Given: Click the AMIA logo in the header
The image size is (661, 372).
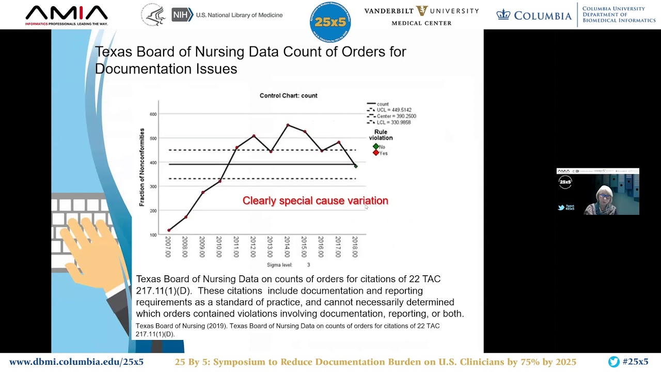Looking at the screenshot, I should pos(66,15).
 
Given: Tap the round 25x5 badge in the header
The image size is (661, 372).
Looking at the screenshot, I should pos(330,22).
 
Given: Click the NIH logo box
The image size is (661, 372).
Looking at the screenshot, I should pos(182,15).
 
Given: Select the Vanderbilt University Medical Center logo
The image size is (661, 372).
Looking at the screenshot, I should pos(421,16).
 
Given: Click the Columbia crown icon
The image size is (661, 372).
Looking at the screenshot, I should pos(503,15).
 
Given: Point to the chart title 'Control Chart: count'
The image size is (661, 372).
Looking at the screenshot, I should pos(288,96).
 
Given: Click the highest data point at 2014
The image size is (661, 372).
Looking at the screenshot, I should pos(288,125).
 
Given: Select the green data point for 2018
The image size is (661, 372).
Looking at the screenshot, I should pos(355,166).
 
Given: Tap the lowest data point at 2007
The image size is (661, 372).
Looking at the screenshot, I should pos(169,230).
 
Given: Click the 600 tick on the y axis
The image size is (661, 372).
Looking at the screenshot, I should pos(153,114).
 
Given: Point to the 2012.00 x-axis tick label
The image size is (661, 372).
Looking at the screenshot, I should pos(254,247).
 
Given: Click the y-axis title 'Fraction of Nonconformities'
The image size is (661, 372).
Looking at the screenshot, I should pos(142,167).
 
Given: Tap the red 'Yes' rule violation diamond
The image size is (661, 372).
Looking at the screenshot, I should pos(375,153).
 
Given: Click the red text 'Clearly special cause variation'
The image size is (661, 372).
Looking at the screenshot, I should pos(315,201).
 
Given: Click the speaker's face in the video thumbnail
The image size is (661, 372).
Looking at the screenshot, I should pos(605,196).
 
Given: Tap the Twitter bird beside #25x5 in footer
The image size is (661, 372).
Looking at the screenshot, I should pos(613,362).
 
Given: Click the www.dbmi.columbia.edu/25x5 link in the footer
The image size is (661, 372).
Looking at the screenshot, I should pos(76,362).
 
